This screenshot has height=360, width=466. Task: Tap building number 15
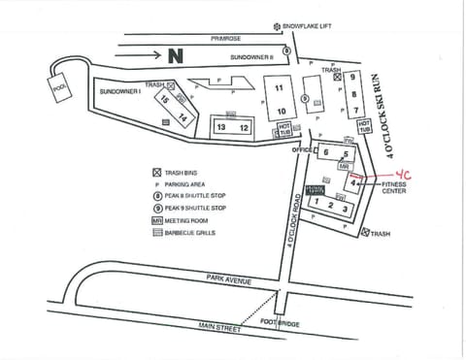tap(165, 100)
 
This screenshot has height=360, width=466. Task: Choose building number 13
tap(222, 128)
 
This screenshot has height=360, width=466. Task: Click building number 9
tap(354, 77)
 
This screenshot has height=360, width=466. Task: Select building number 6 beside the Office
tap(326, 152)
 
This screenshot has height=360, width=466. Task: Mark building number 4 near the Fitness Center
tap(353, 181)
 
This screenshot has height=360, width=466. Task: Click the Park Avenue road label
tap(228, 279)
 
